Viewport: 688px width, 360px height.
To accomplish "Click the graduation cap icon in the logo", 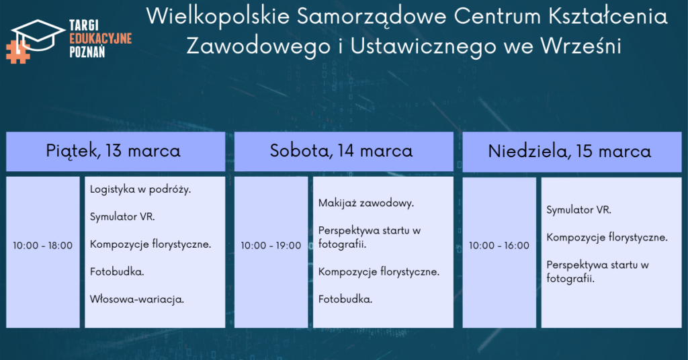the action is click(x=38, y=35).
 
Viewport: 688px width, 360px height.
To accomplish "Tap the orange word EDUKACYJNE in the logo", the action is click(x=101, y=38).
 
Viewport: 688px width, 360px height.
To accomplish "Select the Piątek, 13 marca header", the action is click(x=113, y=151).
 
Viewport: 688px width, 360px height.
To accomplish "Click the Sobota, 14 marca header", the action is click(x=341, y=151).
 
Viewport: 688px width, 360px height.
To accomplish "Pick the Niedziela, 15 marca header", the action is click(x=570, y=152).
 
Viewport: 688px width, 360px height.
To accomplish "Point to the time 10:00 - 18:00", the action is click(x=42, y=246).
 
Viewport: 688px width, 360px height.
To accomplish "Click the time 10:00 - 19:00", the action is click(x=271, y=246).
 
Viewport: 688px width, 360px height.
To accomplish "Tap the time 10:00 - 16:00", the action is click(x=499, y=246).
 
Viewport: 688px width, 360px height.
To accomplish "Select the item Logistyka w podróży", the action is click(x=140, y=190).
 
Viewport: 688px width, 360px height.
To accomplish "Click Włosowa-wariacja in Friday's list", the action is click(x=137, y=300).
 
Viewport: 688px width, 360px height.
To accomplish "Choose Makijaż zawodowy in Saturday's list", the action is click(x=366, y=204).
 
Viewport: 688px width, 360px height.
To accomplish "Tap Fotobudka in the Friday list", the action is click(x=117, y=272).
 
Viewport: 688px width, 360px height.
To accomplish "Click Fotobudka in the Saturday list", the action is click(x=345, y=300).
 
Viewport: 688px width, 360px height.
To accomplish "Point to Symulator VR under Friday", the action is click(x=122, y=217).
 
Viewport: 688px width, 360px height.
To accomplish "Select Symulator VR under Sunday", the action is click(x=578, y=210).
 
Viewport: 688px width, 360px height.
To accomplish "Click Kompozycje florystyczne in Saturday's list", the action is click(x=379, y=272).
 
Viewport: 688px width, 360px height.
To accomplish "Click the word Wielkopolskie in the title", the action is click(x=218, y=17).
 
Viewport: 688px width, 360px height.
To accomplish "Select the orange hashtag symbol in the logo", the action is click(x=17, y=52).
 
